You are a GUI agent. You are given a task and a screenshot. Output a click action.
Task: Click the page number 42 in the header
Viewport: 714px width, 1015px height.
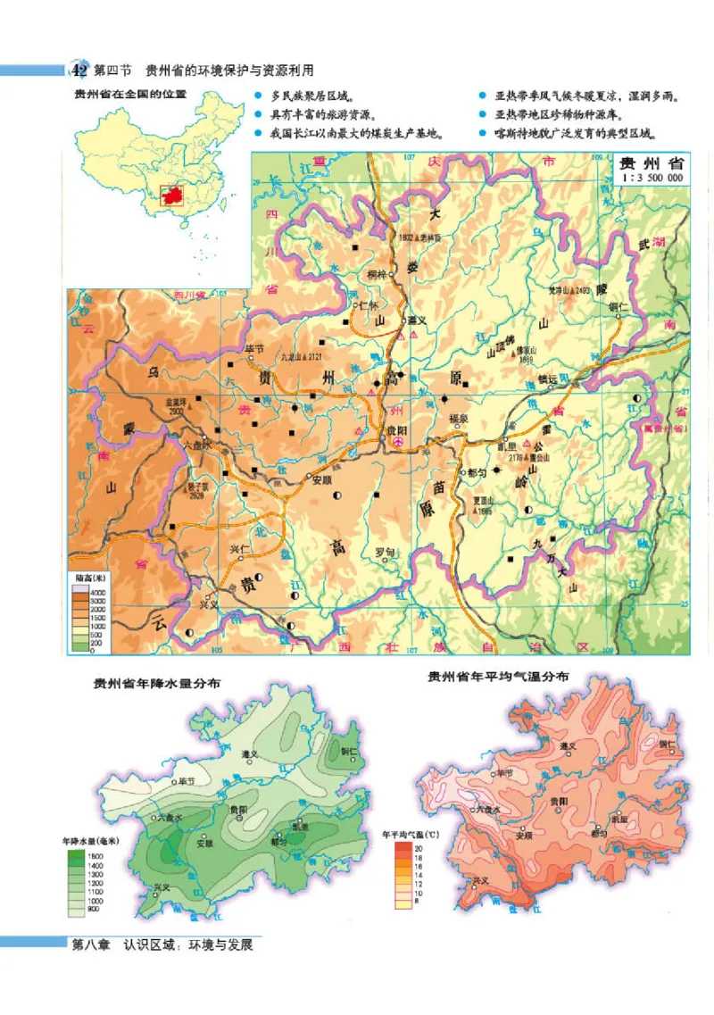[x=79, y=70]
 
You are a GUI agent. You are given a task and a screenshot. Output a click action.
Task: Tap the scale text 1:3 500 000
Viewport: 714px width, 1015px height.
[x=651, y=179]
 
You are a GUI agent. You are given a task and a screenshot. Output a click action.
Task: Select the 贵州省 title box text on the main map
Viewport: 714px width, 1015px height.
[x=651, y=163]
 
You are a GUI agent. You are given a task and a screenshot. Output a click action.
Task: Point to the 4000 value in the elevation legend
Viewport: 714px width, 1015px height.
[x=95, y=593]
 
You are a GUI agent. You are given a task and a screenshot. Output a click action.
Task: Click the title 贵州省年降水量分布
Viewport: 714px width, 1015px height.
[x=158, y=684]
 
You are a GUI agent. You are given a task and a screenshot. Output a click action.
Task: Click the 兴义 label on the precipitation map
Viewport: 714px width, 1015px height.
[x=162, y=886]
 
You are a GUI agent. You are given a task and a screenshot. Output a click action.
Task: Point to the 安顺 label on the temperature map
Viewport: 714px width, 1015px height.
[x=525, y=836]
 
